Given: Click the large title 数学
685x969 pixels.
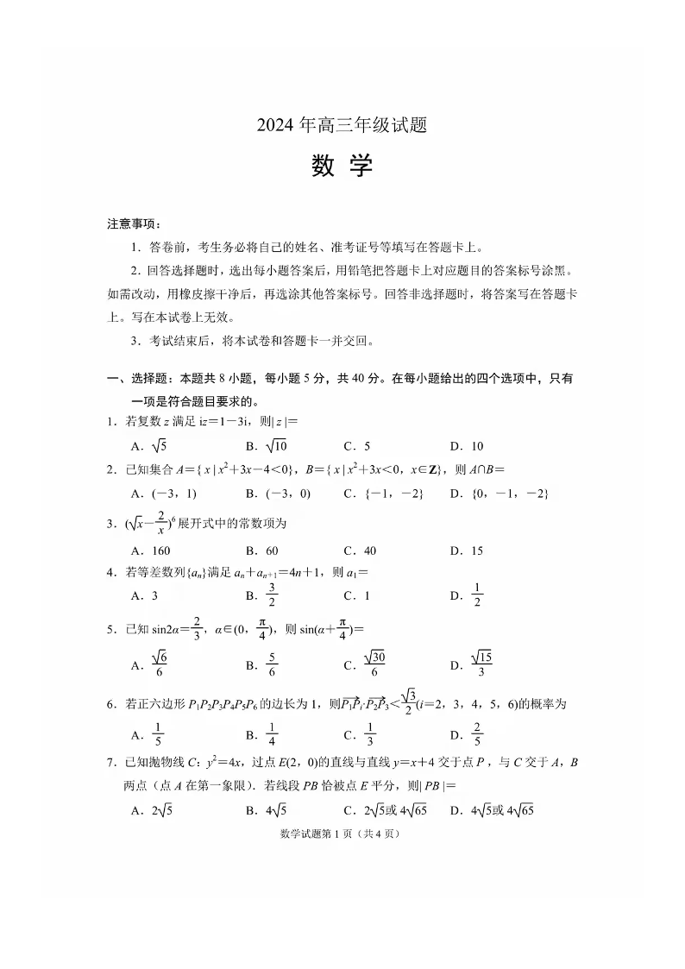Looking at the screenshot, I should coord(342,167).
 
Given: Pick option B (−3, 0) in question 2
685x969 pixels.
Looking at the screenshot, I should coord(277,494).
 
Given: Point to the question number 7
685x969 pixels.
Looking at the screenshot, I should coord(111,763).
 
